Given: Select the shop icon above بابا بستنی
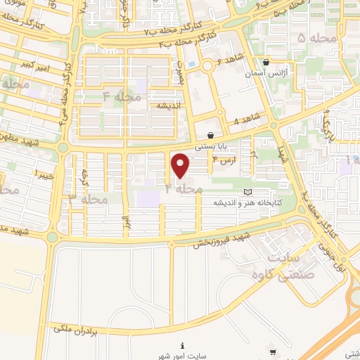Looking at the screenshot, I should [x=210, y=136].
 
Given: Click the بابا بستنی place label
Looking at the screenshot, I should [x=210, y=147].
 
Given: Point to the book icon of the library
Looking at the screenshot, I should [x=246, y=191].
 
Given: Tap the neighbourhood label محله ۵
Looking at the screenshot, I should [x=311, y=37].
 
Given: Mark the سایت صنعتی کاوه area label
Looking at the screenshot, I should [x=276, y=268].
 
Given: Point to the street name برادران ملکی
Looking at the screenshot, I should [x=83, y=327].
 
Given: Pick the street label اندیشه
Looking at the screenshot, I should [x=169, y=105].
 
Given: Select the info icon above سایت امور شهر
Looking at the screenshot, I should [x=182, y=345].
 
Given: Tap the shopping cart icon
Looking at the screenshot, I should [x=272, y=352].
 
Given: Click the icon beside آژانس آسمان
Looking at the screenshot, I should [x=266, y=62].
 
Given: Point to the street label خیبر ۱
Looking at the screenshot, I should [x=25, y=173].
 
